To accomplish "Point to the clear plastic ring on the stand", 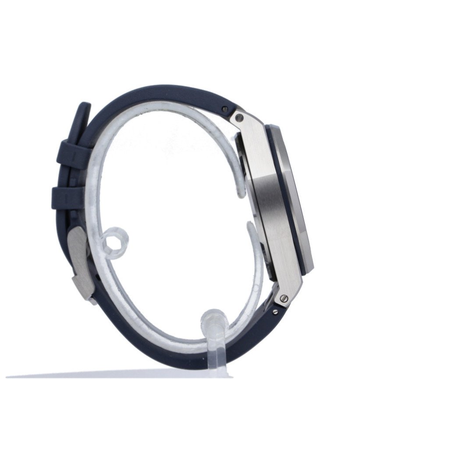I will click(115, 242).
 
